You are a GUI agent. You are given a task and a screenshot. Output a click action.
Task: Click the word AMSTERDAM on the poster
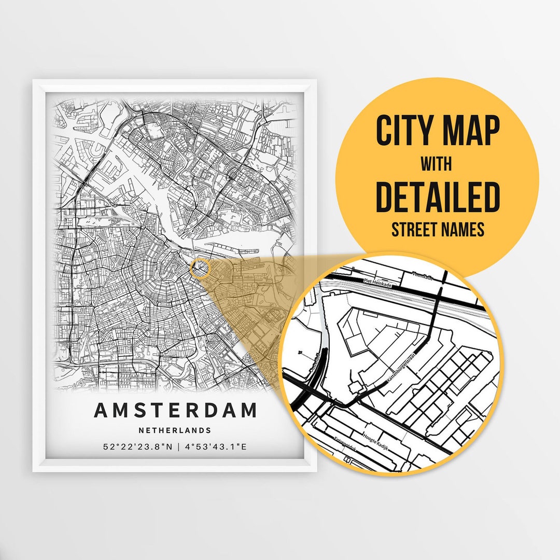tap(175, 410)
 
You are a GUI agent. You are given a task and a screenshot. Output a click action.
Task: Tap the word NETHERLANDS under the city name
tap(175, 430)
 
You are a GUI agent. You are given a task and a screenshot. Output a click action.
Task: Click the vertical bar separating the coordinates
tap(178, 447)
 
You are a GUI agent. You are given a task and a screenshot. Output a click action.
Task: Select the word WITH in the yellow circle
tap(436, 164)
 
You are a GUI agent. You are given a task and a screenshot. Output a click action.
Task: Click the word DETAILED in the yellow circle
tap(437, 197)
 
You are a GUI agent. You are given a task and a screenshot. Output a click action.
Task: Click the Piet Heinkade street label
tap(376, 282)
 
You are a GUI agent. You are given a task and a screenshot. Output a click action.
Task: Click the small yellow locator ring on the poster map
tap(199, 268)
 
